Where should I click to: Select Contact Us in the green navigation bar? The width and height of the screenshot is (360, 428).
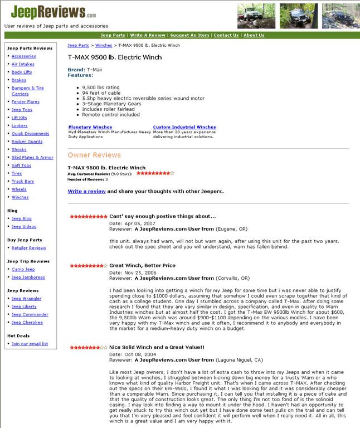[226, 35]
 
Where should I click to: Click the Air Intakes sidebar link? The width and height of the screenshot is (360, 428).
[23, 64]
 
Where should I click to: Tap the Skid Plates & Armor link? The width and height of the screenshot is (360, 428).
[32, 158]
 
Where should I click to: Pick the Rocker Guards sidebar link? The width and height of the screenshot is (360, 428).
[27, 142]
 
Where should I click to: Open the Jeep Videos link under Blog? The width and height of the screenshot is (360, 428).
[23, 227]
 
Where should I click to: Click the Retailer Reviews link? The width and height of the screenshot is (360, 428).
[28, 248]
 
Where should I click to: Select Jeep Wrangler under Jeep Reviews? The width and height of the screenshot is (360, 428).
[26, 299]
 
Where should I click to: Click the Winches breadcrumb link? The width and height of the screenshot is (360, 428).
[104, 45]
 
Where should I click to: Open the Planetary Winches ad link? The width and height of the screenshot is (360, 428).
[90, 127]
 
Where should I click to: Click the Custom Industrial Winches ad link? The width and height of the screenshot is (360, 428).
[184, 127]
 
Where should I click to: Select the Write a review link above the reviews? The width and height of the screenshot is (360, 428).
[86, 191]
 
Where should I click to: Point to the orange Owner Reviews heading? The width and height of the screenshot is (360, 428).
[94, 155]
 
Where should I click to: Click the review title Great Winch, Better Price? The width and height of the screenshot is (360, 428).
[142, 266]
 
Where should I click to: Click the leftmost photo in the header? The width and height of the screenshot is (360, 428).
[256, 16]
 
